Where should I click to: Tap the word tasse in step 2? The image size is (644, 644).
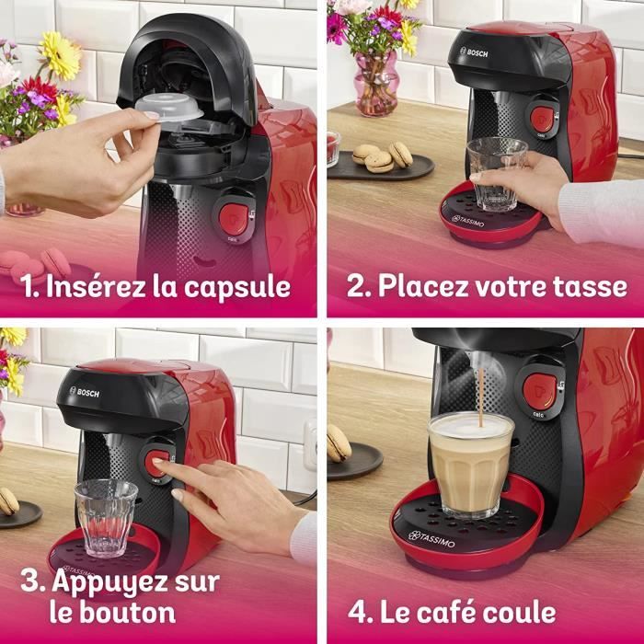tap(589, 286)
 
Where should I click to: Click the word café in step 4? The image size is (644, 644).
tap(446, 611)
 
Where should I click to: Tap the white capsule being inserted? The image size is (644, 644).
tap(175, 107)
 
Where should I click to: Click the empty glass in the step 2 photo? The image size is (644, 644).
tap(497, 173)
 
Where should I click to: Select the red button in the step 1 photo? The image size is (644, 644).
tap(234, 217)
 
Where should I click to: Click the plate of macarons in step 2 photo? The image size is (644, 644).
tap(381, 163)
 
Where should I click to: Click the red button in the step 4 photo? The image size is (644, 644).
tap(539, 391)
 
